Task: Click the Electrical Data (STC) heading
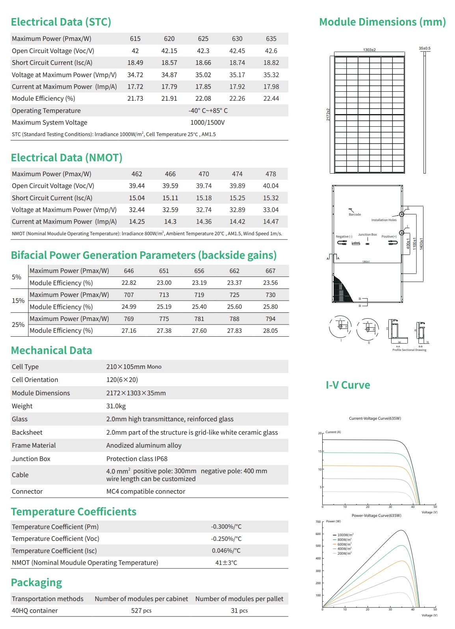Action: click(61, 22)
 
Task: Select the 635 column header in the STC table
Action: click(271, 39)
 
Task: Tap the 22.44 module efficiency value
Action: click(271, 98)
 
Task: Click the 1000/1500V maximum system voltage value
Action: click(208, 122)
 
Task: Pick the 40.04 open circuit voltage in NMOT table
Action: click(271, 186)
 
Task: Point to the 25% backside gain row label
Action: click(18, 325)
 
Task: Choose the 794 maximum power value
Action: click(270, 319)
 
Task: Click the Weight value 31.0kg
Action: click(116, 406)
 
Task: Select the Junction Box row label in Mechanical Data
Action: click(31, 459)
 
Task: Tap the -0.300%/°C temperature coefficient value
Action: click(226, 526)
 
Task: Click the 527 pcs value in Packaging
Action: click(141, 611)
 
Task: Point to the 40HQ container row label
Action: click(35, 611)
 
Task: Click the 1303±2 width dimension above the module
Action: click(369, 50)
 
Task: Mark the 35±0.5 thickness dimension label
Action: click(424, 48)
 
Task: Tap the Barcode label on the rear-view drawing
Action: click(355, 214)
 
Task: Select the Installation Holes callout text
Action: click(384, 220)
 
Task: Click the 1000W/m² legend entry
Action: click(345, 535)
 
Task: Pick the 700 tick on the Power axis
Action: click(318, 522)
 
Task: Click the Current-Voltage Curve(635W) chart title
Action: click(375, 418)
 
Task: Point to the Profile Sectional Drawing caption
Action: click(409, 350)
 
